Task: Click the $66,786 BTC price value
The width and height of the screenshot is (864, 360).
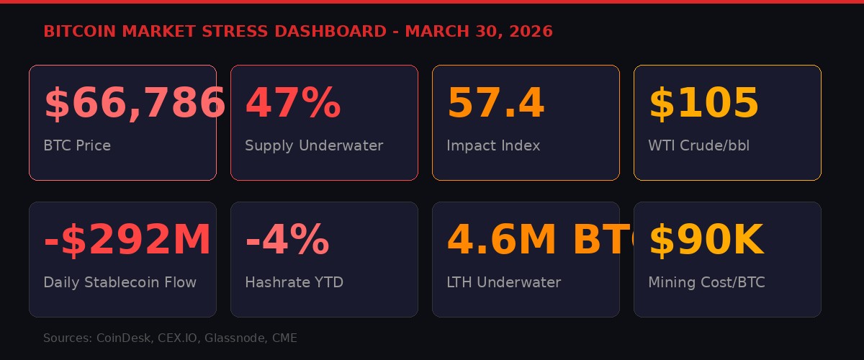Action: [x=134, y=103]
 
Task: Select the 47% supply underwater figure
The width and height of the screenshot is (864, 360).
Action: [x=292, y=103]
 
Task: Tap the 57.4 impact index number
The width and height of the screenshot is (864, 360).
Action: [x=495, y=103]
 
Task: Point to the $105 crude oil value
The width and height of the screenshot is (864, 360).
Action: [x=703, y=103]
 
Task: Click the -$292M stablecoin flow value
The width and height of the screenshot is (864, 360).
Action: [x=127, y=240]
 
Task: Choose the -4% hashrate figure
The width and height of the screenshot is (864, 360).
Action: [x=287, y=240]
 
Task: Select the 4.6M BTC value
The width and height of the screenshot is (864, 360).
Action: [x=533, y=240]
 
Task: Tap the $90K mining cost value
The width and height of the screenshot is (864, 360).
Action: [x=706, y=240]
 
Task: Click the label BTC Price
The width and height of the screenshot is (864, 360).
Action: [x=77, y=145]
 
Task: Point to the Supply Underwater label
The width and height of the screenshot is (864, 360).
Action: [x=314, y=145]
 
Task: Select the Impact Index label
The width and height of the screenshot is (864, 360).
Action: [x=493, y=145]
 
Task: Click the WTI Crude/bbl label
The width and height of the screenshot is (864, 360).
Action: [x=698, y=145]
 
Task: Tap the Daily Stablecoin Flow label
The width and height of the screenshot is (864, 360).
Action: [x=120, y=282]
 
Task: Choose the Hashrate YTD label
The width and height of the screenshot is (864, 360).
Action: [x=294, y=282]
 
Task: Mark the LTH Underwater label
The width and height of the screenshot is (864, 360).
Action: [x=503, y=282]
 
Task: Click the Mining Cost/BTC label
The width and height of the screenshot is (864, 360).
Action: [x=706, y=282]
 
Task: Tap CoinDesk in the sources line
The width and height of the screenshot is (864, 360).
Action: [x=123, y=338]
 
